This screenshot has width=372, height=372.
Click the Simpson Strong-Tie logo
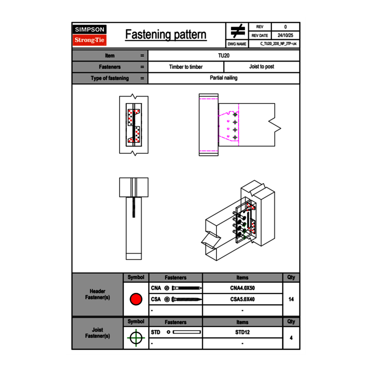point(90,35)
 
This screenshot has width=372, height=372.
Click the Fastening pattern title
point(166,35)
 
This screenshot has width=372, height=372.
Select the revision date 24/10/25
point(285,36)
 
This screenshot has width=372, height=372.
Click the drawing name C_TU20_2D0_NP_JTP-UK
point(275,44)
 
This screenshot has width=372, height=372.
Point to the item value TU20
point(224,55)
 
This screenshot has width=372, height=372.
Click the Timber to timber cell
point(186,67)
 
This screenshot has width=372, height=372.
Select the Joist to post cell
point(261,67)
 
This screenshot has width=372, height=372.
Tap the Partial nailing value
point(224,78)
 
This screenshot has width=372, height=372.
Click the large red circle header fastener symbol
point(136,299)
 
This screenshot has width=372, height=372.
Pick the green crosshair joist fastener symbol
point(136,338)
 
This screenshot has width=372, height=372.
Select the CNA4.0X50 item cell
point(242,288)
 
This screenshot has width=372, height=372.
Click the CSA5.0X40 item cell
point(242,299)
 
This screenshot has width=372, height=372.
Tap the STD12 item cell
point(242,332)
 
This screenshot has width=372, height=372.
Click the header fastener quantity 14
point(291,299)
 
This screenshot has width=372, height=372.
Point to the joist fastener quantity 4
point(291,338)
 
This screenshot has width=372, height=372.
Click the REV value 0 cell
point(285,27)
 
